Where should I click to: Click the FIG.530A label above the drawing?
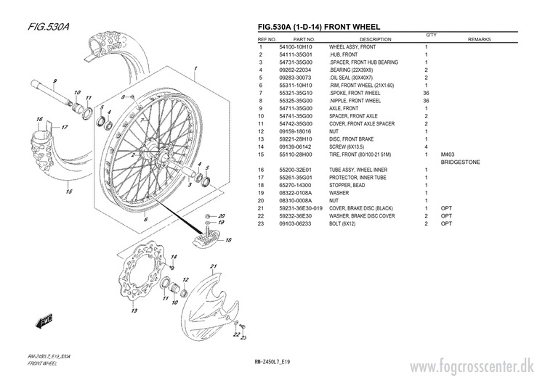[48, 27]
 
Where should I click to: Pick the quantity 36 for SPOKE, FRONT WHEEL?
[426, 93]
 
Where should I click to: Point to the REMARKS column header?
[481, 39]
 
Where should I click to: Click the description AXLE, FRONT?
[348, 109]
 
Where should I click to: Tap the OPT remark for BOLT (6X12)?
[446, 224]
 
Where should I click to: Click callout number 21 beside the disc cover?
[214, 268]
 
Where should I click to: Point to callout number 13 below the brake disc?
[134, 311]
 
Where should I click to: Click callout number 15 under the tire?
[68, 193]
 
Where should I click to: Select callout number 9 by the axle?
[54, 81]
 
